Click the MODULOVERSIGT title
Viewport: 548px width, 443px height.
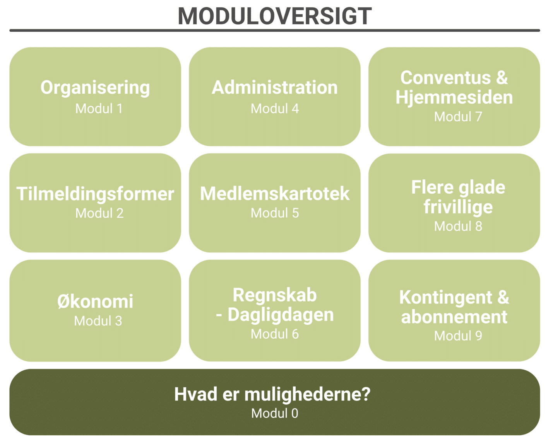pyautogui.click(x=274, y=16)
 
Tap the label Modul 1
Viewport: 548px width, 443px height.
pyautogui.click(x=99, y=109)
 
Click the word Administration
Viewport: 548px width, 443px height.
pyautogui.click(x=274, y=87)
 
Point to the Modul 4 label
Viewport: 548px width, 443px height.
pyautogui.click(x=275, y=109)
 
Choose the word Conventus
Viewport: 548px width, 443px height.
pyautogui.click(x=445, y=77)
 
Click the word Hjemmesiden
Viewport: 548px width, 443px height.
pyautogui.click(x=454, y=98)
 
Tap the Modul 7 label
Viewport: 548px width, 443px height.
pyautogui.click(x=458, y=117)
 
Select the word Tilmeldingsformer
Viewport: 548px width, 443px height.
pyautogui.click(x=95, y=194)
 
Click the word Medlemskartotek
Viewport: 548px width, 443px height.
pyautogui.click(x=275, y=194)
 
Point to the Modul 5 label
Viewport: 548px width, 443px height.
pyautogui.click(x=275, y=213)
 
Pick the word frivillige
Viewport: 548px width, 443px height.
pyautogui.click(x=458, y=207)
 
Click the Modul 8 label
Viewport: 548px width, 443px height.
pyautogui.click(x=458, y=227)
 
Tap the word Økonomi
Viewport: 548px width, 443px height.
pyautogui.click(x=95, y=301)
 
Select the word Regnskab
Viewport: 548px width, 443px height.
pyautogui.click(x=275, y=295)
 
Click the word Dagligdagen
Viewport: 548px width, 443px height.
pyautogui.click(x=281, y=315)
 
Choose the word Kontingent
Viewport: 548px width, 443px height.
pyautogui.click(x=445, y=298)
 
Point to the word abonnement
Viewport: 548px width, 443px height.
pyautogui.click(x=454, y=317)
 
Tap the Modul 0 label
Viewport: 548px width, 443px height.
pyautogui.click(x=274, y=414)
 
